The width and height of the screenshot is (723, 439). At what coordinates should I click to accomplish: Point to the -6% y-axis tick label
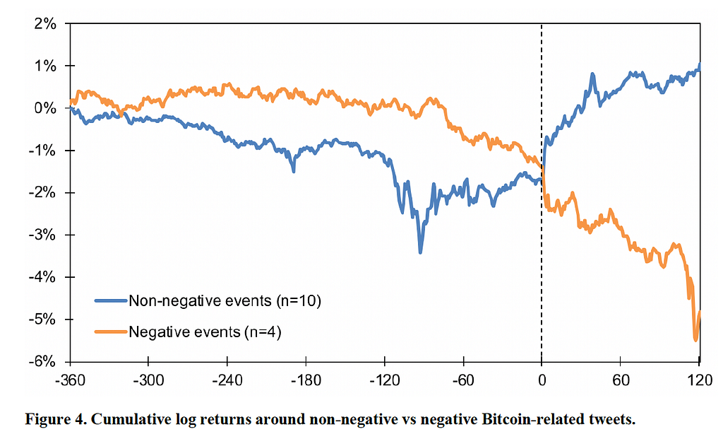(x=43, y=361)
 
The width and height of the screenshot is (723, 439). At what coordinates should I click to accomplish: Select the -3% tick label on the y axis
(x=43, y=235)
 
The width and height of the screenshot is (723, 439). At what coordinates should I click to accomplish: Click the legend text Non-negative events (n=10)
(x=225, y=301)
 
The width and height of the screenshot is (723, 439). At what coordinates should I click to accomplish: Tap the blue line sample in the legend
(x=110, y=301)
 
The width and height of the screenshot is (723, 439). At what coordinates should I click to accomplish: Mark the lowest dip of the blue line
(x=420, y=252)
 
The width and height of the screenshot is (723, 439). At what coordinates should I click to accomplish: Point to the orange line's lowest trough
(x=696, y=340)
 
